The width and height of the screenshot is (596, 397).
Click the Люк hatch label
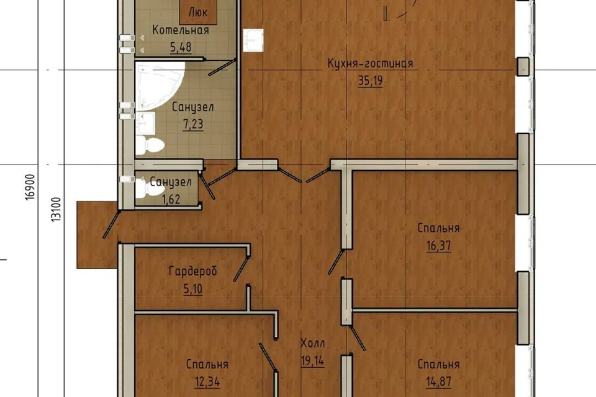point(198,12)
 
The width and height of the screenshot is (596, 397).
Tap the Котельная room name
point(181,30)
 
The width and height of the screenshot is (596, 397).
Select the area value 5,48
point(181,48)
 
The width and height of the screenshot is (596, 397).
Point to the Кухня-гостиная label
point(370,63)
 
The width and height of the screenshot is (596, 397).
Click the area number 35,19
point(370,81)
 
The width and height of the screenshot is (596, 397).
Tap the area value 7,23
point(193,124)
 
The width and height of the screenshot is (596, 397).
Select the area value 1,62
point(171,199)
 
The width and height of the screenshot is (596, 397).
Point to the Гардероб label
point(192,271)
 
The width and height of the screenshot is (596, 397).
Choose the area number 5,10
point(193,289)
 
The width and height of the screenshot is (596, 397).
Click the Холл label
point(312,344)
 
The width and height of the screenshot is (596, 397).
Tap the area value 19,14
point(312,360)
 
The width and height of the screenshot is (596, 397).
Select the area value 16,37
point(439,246)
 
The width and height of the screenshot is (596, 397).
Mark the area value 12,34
point(207,381)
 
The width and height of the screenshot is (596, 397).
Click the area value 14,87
point(439,381)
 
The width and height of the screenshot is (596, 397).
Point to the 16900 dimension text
point(31,187)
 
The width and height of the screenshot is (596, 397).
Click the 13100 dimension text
point(56,210)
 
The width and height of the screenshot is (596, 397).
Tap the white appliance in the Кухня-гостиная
point(253,40)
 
